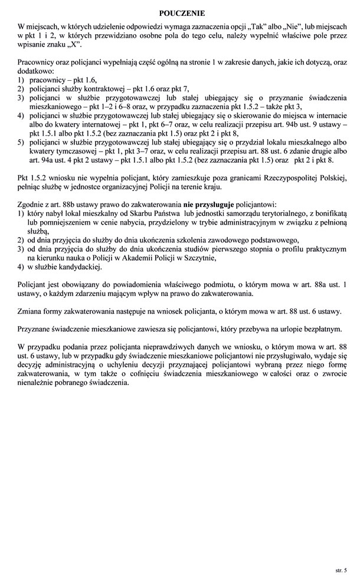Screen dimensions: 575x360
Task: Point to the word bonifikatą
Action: tap(323, 213)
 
